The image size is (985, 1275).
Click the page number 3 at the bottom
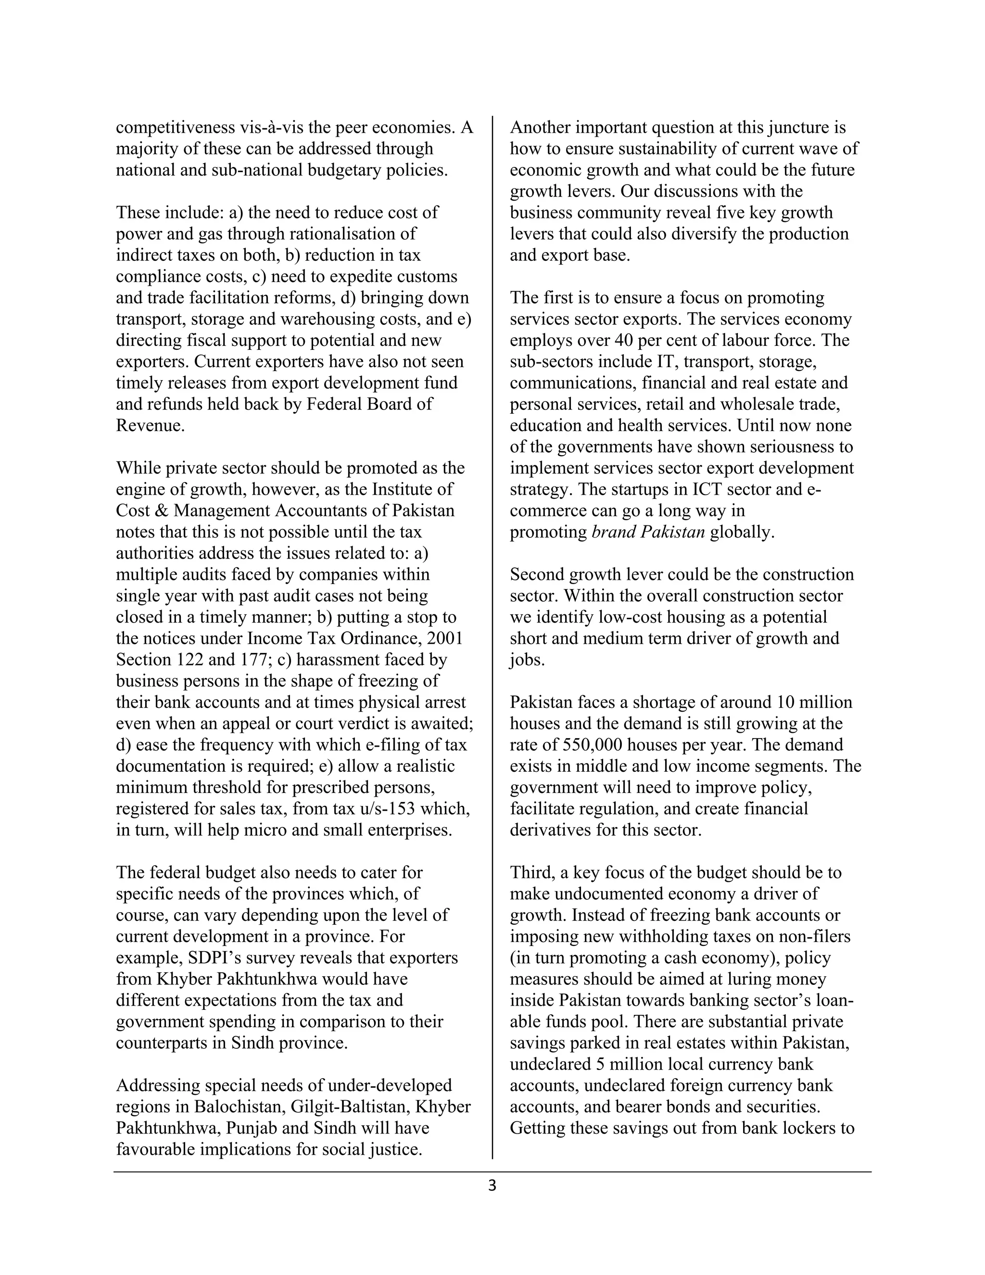[x=492, y=1186]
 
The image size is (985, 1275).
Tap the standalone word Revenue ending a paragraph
[x=150, y=426]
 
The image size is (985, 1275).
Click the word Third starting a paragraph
[x=531, y=873]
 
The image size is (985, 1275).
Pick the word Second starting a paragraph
[x=537, y=574]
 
